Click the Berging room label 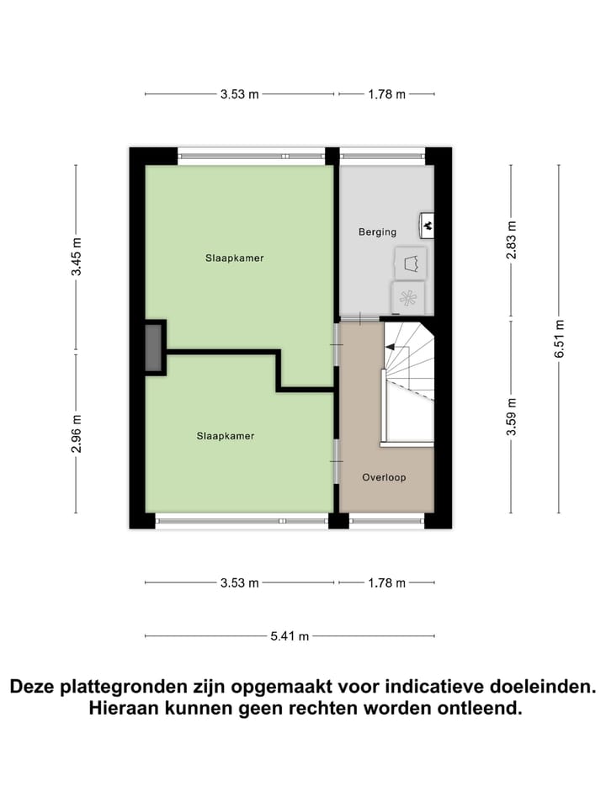point(377,232)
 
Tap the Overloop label point(384,477)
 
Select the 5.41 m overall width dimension point(290,635)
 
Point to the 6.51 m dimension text point(559,339)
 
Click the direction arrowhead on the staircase point(390,346)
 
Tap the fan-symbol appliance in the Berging point(408,297)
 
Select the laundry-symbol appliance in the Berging point(411,263)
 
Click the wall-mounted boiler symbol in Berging point(427,225)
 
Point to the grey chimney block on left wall point(154,346)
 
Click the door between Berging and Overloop point(359,319)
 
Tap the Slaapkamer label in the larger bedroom point(234,258)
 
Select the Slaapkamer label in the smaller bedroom point(225,436)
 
